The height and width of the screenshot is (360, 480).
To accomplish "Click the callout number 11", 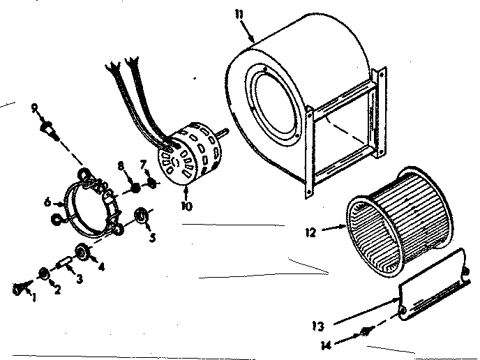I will [x=240, y=14].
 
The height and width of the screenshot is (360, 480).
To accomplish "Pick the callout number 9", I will [x=34, y=107].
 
